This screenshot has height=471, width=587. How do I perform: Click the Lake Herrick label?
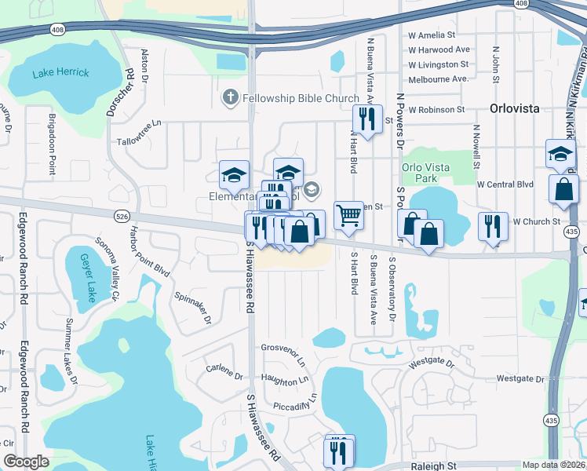pyautogui.click(x=60, y=73)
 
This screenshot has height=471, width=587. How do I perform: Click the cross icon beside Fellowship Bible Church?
pyautogui.click(x=230, y=97)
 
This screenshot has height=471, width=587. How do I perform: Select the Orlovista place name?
pyautogui.click(x=514, y=108)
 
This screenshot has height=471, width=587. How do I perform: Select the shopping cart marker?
pyautogui.click(x=348, y=214)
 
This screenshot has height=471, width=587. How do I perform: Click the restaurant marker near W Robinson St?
pyautogui.click(x=366, y=119)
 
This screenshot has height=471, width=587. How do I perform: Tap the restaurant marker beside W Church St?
pyautogui.click(x=492, y=225)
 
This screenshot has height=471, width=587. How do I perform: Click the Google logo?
pyautogui.click(x=26, y=462)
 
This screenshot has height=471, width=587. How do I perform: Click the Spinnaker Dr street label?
pyautogui.click(x=192, y=307)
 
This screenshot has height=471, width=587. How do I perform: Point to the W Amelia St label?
pyautogui.click(x=432, y=35)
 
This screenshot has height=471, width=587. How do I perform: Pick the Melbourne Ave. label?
pyautogui.click(x=438, y=78)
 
